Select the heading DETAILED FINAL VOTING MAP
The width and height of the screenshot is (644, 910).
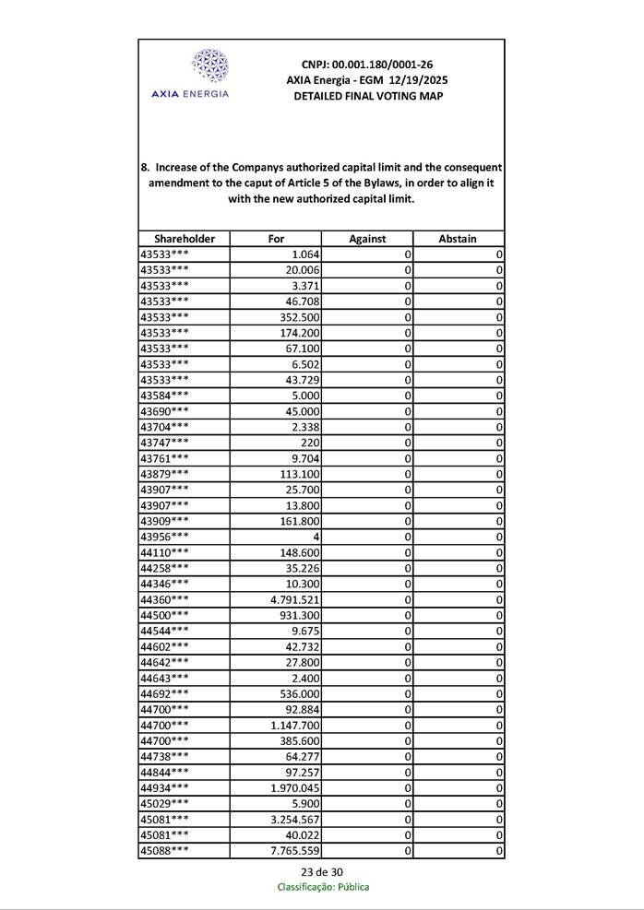click(367, 96)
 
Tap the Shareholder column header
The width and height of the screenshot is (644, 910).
click(185, 239)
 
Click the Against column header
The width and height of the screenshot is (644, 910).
click(367, 239)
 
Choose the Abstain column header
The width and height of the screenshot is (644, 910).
click(458, 239)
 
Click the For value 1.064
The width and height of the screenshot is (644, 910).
click(304, 254)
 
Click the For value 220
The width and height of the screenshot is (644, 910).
click(310, 443)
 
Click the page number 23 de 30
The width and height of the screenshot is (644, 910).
click(322, 872)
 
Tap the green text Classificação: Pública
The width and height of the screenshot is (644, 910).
click(323, 887)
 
